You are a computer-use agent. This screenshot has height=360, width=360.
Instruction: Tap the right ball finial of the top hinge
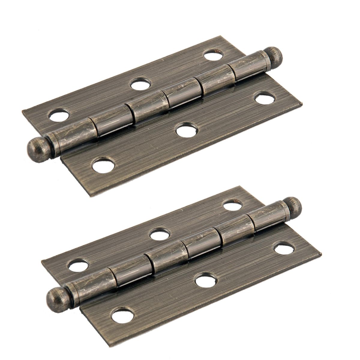coord(275,54)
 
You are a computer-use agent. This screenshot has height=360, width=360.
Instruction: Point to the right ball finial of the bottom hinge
coord(294,205)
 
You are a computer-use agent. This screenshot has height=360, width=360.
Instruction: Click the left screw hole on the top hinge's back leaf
coord(58,115)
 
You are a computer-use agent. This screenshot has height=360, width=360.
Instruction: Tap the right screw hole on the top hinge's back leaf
coord(214,55)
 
